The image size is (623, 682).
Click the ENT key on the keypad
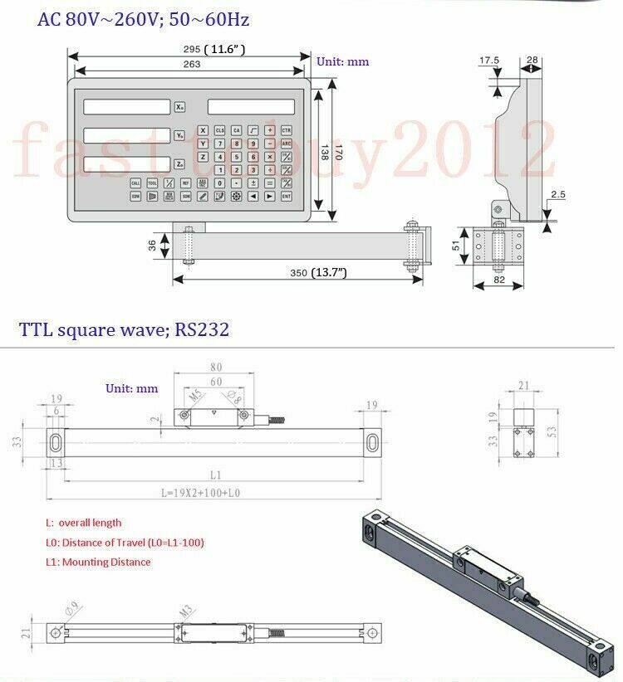click(286, 197)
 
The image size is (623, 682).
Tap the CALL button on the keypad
click(136, 183)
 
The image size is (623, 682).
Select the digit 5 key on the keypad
click(236, 156)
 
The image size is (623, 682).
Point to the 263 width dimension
click(191, 64)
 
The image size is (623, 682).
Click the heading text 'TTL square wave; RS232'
click(125, 330)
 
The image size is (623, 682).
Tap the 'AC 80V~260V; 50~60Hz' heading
click(144, 18)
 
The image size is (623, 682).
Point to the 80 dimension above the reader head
click(216, 366)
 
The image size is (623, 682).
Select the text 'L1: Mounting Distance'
click(98, 562)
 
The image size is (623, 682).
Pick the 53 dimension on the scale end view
click(552, 431)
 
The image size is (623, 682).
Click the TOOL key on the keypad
click(153, 183)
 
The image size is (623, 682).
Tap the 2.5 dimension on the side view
click(557, 195)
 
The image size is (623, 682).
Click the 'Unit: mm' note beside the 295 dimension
click(342, 61)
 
